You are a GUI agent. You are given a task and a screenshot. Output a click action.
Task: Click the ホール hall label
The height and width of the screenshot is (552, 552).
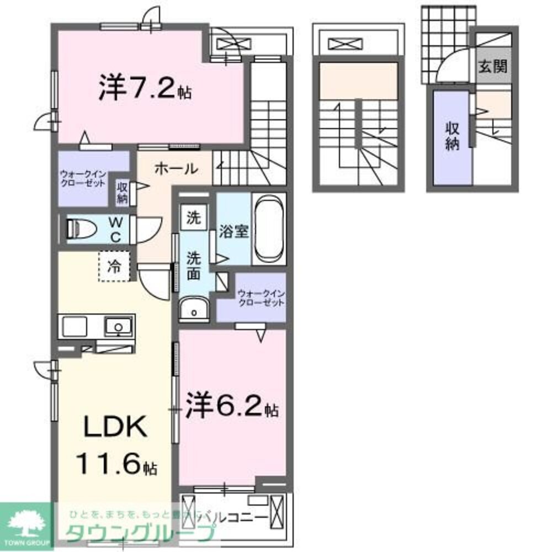pos(176,169)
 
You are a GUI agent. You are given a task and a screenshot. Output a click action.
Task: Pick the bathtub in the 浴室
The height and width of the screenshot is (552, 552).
pos(269,229)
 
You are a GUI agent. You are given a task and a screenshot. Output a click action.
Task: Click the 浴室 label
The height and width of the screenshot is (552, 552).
pos(233,231)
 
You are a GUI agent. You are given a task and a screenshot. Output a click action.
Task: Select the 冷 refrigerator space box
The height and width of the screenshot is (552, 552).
pos(114,267)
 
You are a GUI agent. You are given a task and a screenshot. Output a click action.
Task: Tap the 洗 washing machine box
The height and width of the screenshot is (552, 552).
pos(193,217)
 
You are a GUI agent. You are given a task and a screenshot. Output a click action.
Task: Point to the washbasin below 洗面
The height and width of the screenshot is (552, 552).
pos(194,310)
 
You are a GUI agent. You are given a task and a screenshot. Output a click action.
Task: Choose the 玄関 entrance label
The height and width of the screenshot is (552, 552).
pos(493,67)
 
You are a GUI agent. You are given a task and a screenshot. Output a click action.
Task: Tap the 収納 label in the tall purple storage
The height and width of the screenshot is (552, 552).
pos(452,137)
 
